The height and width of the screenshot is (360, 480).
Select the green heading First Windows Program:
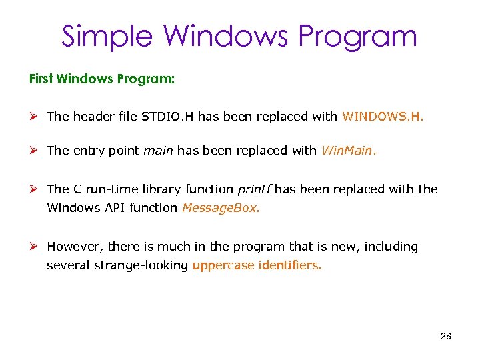click(x=102, y=79)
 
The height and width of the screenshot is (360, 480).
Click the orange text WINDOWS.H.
click(x=383, y=117)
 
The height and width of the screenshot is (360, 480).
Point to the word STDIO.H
click(x=168, y=117)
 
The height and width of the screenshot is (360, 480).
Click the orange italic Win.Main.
click(x=349, y=151)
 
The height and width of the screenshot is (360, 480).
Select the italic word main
click(x=159, y=151)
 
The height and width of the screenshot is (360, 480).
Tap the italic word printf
click(x=255, y=189)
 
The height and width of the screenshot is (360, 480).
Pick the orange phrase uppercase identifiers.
click(x=257, y=265)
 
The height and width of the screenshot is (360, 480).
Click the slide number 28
click(x=446, y=336)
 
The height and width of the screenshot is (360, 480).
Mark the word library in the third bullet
click(x=159, y=189)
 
